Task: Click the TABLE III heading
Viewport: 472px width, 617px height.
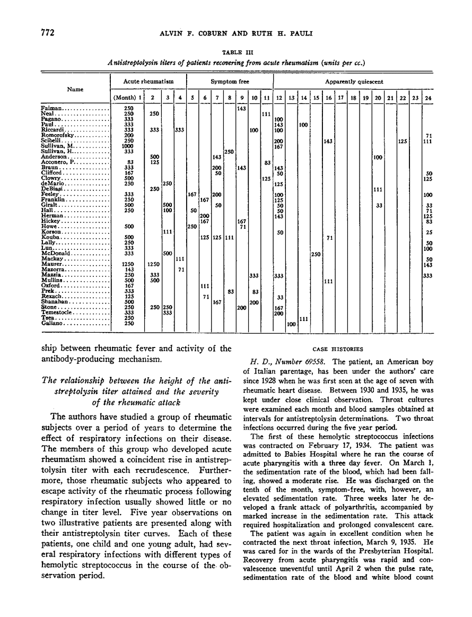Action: [x=235, y=53]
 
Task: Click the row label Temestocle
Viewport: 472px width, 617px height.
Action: [x=58, y=313]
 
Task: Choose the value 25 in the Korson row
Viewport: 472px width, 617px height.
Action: [x=428, y=232]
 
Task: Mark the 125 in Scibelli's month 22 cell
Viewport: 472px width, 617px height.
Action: [x=404, y=141]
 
